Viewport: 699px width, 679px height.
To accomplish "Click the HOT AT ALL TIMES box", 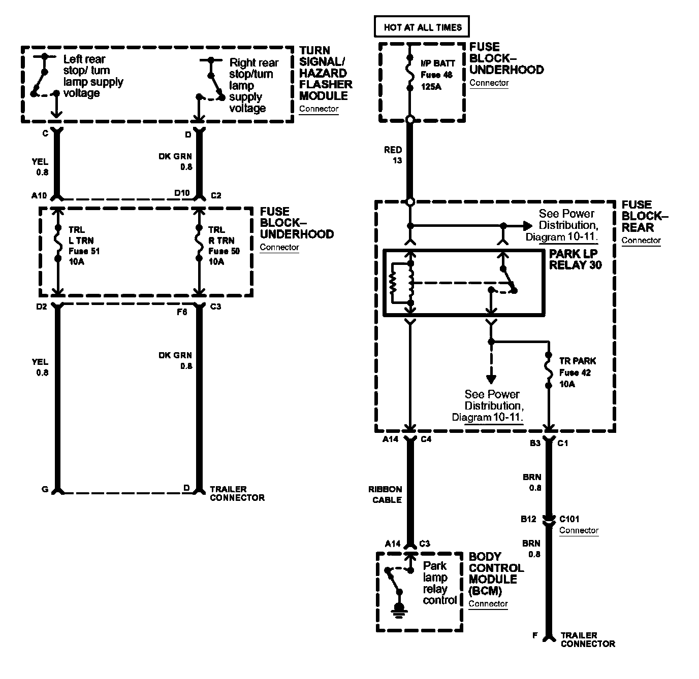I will tap(422, 27).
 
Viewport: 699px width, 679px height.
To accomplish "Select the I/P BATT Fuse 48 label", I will tap(437, 75).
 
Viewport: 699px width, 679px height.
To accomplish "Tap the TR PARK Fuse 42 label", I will tap(578, 372).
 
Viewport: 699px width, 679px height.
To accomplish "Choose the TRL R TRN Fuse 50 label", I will tap(224, 246).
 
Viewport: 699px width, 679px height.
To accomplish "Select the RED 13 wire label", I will tap(393, 155).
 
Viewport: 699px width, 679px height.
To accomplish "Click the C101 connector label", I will tap(569, 519).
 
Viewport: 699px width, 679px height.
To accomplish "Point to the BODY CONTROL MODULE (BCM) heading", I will tap(496, 573).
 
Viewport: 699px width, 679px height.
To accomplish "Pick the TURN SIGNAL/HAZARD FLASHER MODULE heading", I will tap(326, 73).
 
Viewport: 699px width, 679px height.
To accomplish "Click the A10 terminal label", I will tap(39, 195).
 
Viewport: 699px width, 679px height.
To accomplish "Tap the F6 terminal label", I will tap(182, 312).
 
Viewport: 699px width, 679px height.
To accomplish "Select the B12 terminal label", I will tap(528, 519).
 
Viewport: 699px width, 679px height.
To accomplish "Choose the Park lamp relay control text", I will tap(440, 583).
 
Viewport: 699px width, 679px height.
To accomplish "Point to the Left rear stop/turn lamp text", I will tap(93, 76).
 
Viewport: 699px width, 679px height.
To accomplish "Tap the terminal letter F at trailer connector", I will tap(534, 635).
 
